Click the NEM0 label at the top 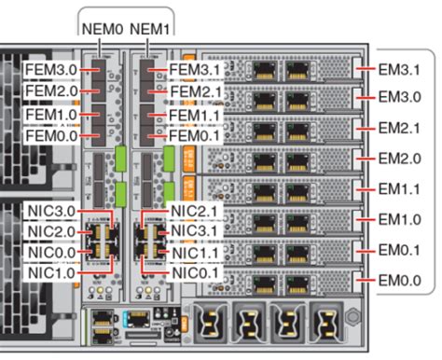(103, 28)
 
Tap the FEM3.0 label (51, 69)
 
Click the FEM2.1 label (196, 91)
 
